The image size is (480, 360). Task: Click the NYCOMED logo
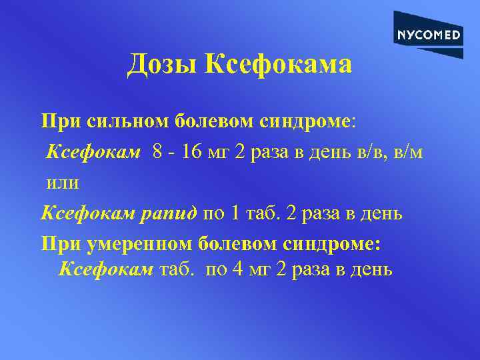click(x=428, y=35)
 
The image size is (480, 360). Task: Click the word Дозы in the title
click(x=163, y=65)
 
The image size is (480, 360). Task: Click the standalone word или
click(x=63, y=182)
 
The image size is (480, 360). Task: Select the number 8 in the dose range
click(x=157, y=152)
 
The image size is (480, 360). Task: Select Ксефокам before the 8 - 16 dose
click(x=93, y=152)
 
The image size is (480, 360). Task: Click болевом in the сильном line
click(x=215, y=121)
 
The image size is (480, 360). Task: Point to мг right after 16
click(x=218, y=152)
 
